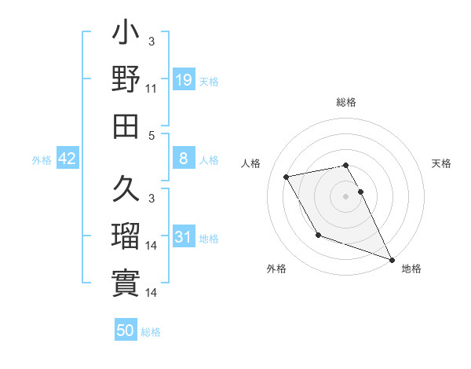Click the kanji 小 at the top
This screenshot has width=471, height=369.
(126, 36)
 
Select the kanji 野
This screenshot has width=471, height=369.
(126, 79)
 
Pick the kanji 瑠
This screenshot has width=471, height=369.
(126, 235)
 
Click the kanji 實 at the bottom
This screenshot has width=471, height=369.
(126, 280)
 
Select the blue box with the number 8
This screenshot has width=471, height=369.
(184, 159)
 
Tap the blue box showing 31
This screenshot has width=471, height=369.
(184, 236)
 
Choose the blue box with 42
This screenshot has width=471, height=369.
(68, 159)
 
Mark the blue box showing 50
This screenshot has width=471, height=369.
(126, 331)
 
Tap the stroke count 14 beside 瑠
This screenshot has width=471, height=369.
(152, 246)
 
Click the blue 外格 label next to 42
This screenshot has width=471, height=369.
(42, 160)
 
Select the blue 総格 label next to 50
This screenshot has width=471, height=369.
(151, 332)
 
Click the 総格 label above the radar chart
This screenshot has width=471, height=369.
(345, 102)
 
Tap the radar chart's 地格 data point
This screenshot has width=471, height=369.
(392, 260)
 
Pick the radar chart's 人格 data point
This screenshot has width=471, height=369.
(287, 177)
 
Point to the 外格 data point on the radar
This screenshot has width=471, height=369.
(317, 235)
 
